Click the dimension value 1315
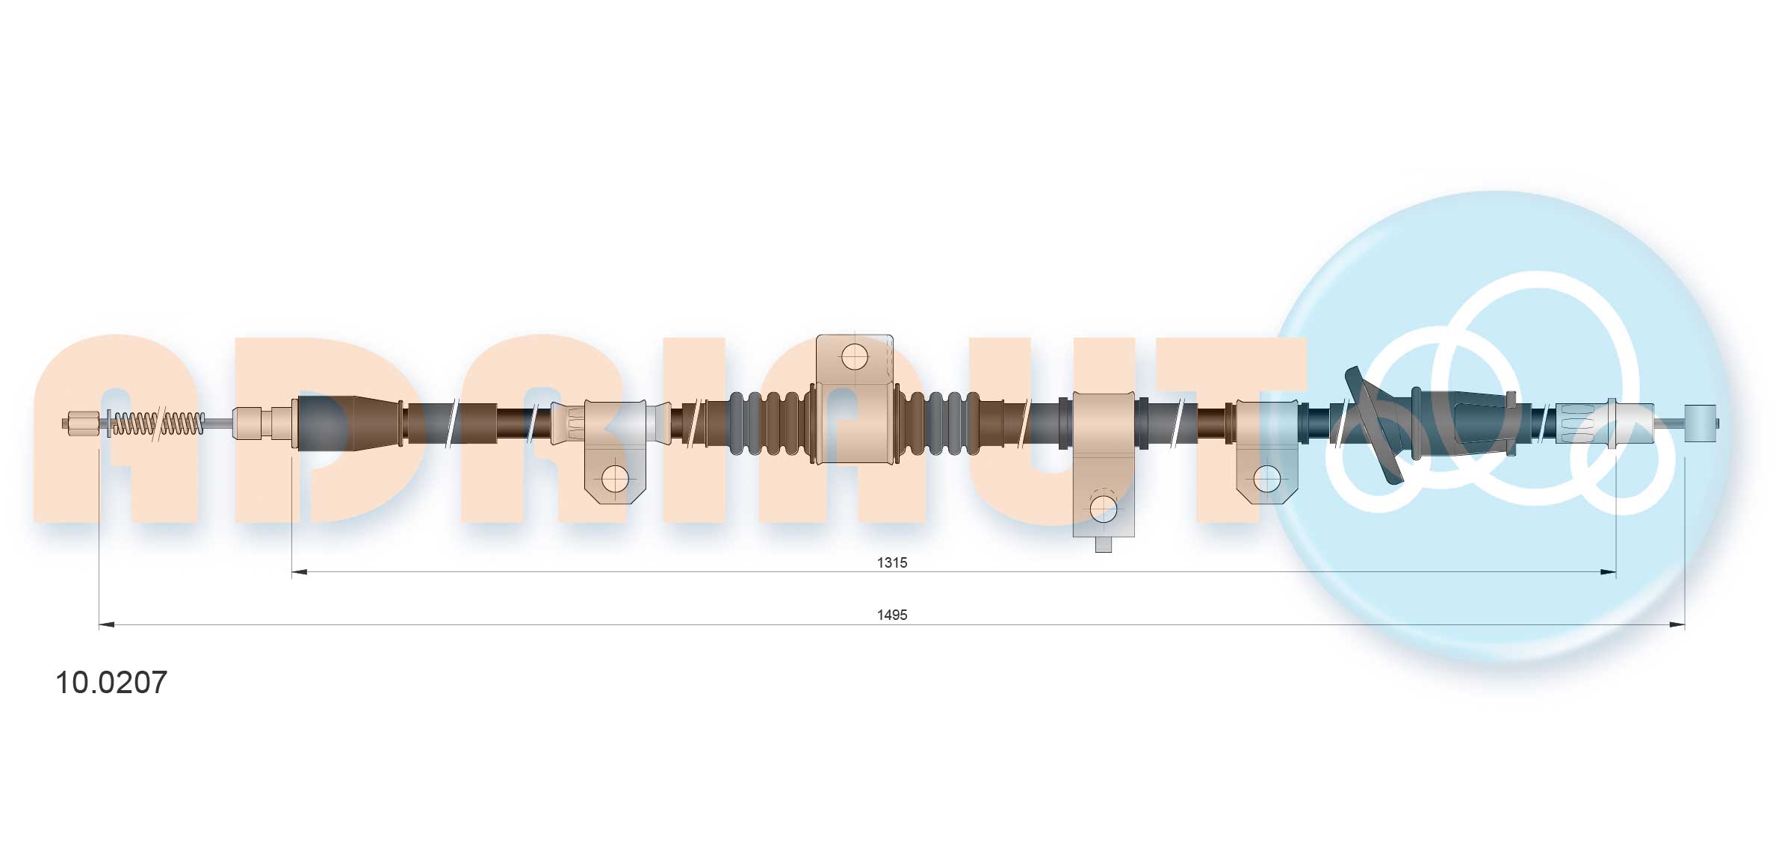tap(891, 562)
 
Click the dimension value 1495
tap(891, 615)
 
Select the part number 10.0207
tap(111, 683)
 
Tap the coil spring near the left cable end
tap(158, 423)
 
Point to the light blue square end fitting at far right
tap(1701, 423)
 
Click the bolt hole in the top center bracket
tap(855, 357)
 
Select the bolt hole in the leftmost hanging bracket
tap(615, 479)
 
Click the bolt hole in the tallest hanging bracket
tap(1103, 509)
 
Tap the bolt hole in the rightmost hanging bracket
tap(1266, 479)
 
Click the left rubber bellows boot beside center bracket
tap(770, 423)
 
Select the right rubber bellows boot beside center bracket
tap(938, 423)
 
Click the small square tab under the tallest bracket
tap(1103, 544)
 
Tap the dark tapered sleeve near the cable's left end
tap(347, 423)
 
